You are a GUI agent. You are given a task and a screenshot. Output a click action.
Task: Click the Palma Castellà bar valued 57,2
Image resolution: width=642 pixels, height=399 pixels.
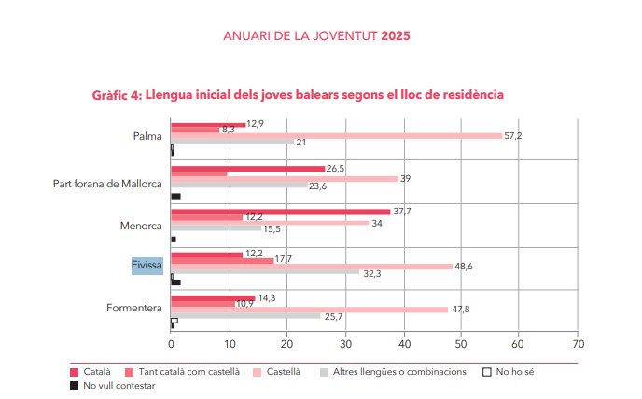point(336,136)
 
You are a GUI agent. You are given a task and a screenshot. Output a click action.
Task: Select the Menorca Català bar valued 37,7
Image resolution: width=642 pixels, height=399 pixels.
point(280,212)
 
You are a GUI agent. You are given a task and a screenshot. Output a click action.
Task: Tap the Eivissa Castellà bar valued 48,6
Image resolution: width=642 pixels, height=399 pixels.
point(312,266)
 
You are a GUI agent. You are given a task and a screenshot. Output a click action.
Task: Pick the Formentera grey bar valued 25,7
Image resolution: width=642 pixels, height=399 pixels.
point(244,316)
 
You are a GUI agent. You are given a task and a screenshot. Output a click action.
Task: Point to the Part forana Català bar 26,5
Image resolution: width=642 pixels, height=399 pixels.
point(247,169)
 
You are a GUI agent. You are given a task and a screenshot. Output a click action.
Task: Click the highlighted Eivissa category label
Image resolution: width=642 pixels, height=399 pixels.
point(147,266)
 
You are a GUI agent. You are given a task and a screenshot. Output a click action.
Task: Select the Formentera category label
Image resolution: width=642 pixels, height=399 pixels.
point(136,308)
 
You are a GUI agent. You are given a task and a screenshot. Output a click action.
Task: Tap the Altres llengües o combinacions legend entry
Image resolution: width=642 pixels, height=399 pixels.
point(398,371)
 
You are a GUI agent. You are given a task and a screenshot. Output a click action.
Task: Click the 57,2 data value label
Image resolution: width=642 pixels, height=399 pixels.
point(512,136)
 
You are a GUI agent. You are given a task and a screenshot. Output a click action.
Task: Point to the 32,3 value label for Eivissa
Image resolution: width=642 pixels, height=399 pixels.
point(371,273)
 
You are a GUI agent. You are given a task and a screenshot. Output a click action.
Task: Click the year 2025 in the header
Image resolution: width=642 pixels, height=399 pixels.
point(396,35)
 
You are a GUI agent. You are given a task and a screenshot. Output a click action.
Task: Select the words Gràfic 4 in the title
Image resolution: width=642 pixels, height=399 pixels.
point(117,95)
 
